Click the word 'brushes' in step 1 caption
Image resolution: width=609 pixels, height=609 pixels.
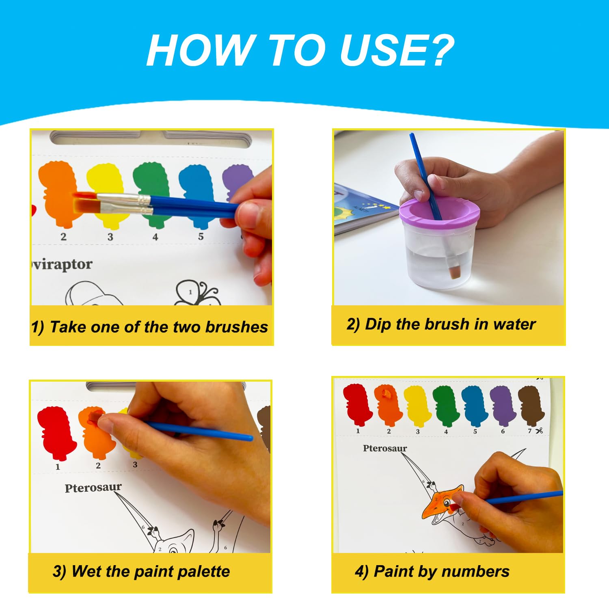pos(236,327)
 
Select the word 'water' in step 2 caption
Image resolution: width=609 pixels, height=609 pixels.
pos(514,324)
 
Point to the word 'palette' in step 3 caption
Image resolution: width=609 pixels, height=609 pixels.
pos(204,572)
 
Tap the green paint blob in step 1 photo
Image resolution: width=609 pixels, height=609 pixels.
pos(151,194)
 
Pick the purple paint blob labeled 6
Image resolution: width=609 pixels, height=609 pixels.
pos(503,405)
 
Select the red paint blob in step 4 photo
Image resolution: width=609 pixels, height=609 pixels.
pos(357,404)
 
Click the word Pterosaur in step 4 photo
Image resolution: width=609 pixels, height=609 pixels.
pos(385,448)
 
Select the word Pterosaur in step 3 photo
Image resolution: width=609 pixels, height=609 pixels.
pos(93,487)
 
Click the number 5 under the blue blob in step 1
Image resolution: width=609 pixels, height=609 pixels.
pos(201,236)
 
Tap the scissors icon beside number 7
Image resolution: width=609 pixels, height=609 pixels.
pos(539,431)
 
